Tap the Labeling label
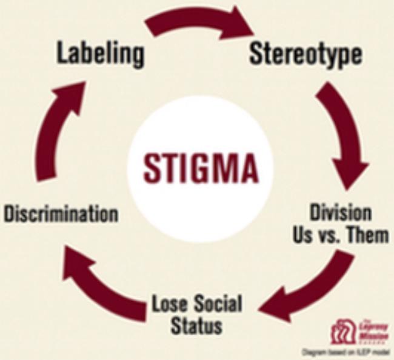point(101,54)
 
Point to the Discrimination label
point(60,213)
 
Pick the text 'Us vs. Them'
point(340,235)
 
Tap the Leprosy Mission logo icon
point(344,331)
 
